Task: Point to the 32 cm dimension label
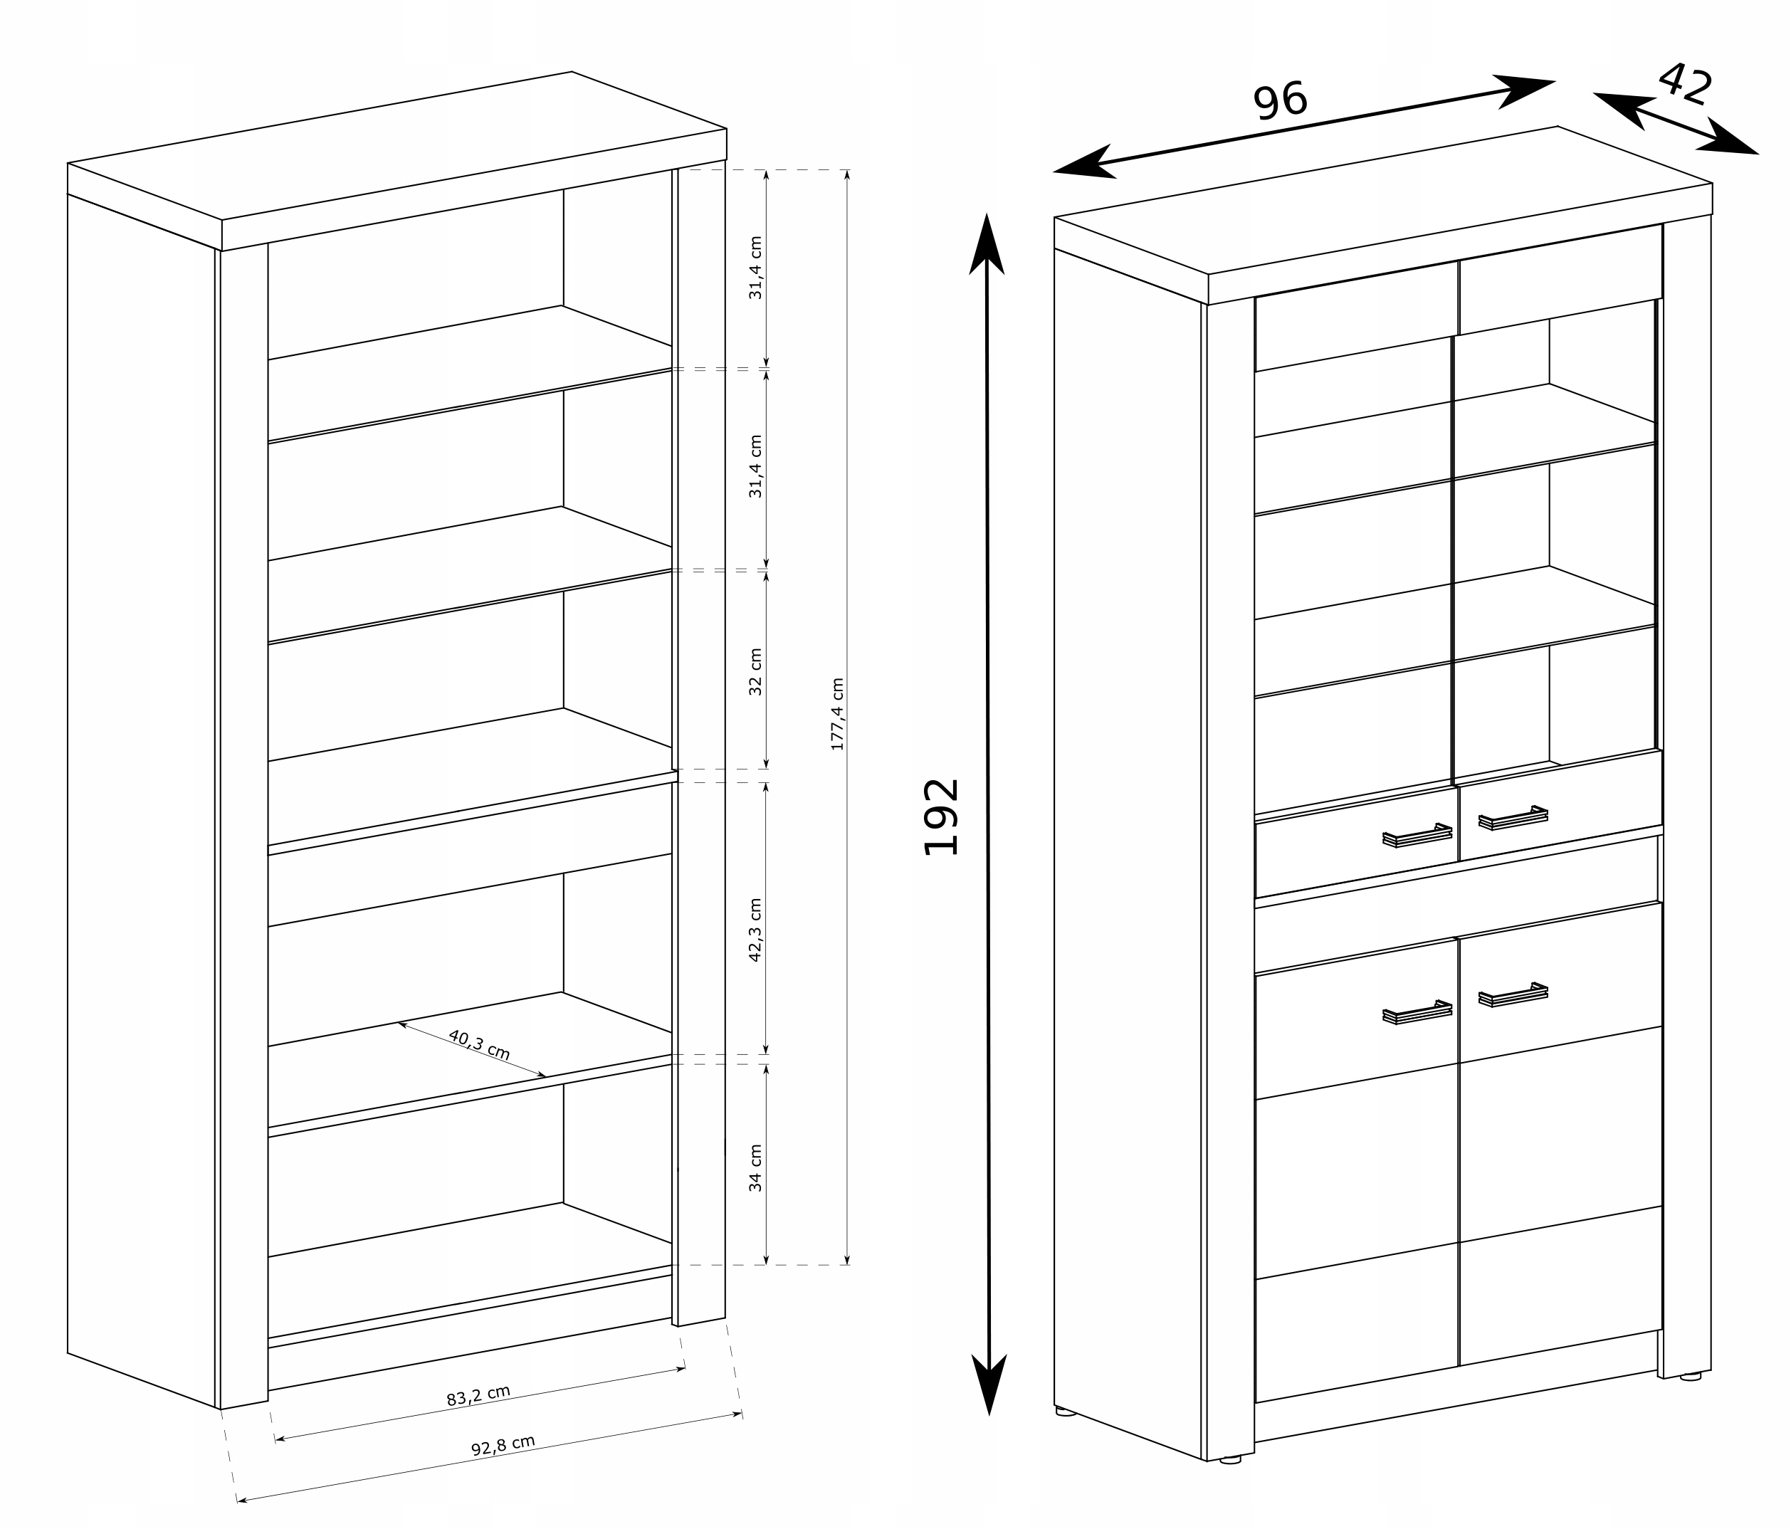click(755, 671)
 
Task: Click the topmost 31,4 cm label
click(755, 268)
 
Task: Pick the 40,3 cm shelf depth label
click(479, 1045)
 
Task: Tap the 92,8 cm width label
click(503, 1445)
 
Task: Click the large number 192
click(941, 816)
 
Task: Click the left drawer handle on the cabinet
click(1417, 836)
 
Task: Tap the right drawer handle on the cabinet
click(1513, 818)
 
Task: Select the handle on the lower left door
click(1417, 1012)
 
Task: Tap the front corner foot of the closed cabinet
click(1229, 1461)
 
